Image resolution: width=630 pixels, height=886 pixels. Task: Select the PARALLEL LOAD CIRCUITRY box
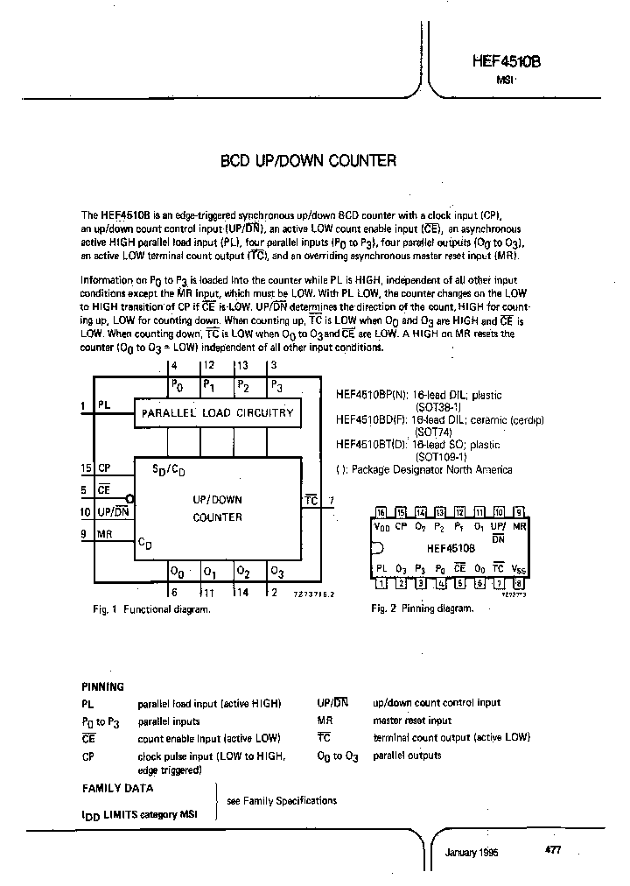pyautogui.click(x=217, y=412)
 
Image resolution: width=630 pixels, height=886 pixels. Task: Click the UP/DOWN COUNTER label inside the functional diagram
pyautogui.click(x=217, y=508)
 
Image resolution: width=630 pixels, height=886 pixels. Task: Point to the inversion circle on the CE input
pyautogui.click(x=129, y=497)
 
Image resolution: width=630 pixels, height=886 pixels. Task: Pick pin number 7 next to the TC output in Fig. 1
pyautogui.click(x=330, y=501)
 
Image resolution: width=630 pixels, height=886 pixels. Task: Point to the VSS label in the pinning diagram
pyautogui.click(x=518, y=569)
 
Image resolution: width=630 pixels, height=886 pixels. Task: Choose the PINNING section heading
pyautogui.click(x=103, y=686)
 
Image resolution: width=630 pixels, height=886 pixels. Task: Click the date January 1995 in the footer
pyautogui.click(x=472, y=852)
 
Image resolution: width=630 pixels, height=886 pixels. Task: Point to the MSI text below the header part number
pyautogui.click(x=505, y=80)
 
